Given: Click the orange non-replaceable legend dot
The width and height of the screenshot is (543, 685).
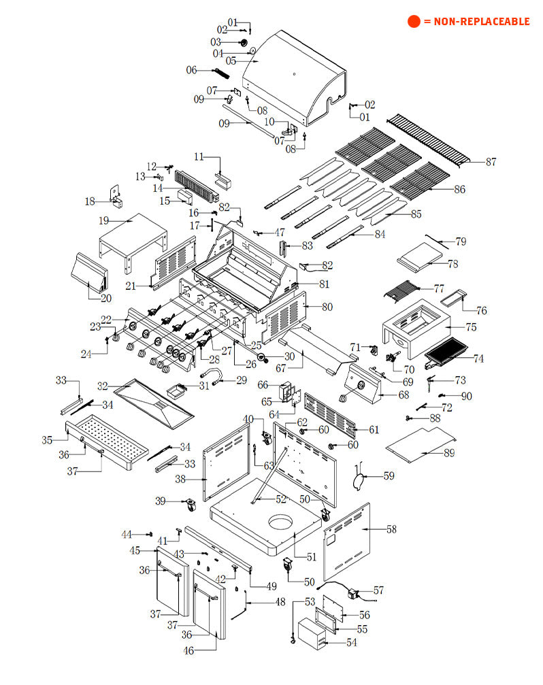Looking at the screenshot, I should (x=414, y=21).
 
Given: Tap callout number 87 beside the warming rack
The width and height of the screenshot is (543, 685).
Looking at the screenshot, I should (x=491, y=162).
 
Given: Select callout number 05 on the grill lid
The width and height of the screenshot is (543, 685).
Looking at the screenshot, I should (x=231, y=61).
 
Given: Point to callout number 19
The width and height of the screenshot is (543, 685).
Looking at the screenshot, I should (x=104, y=220).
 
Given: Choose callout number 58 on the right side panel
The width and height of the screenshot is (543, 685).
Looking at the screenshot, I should (x=391, y=529).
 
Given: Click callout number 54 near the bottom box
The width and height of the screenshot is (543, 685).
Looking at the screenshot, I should (x=351, y=642).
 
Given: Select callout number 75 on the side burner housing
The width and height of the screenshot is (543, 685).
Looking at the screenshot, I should (x=471, y=327).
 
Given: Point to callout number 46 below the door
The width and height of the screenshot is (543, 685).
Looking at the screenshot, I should (x=188, y=651).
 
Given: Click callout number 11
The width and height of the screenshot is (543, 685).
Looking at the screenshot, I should (x=199, y=157).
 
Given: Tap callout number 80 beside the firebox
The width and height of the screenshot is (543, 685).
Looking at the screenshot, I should (x=327, y=307).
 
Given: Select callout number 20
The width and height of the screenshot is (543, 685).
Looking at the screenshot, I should (x=106, y=298).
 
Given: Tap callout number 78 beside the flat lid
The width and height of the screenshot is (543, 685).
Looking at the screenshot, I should (x=452, y=263).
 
